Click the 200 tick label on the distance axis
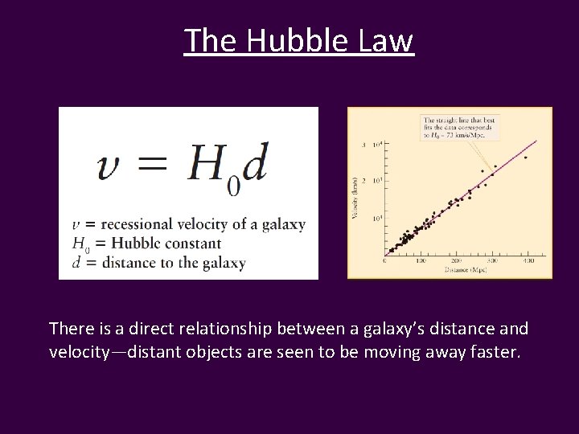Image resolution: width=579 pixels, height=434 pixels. [x=456, y=261]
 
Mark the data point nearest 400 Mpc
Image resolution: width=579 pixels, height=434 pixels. [x=526, y=158]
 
